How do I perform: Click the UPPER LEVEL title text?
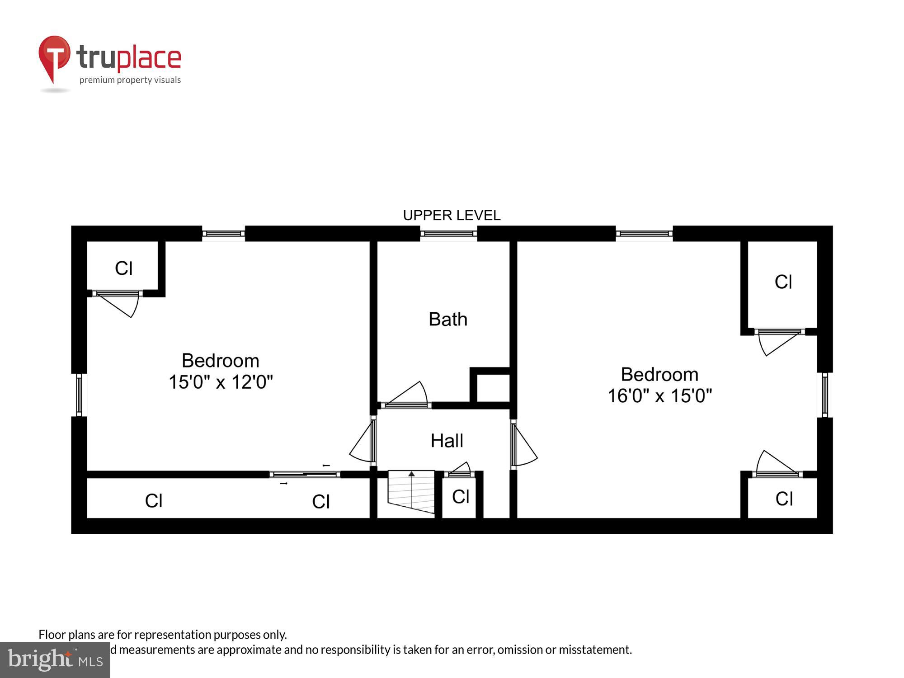tap(452, 215)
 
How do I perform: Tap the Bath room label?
tap(447, 319)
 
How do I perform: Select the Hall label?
tap(447, 441)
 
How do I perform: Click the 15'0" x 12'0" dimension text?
tap(221, 382)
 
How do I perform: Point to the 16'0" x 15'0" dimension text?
tap(659, 396)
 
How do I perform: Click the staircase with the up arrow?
tap(411, 492)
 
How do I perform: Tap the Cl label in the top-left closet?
tap(123, 268)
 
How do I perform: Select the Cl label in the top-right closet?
tap(783, 282)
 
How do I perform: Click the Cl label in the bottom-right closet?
tap(784, 499)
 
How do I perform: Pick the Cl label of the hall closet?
tap(460, 497)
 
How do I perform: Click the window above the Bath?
tap(448, 234)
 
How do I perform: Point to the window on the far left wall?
tap(79, 394)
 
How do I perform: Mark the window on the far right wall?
tap(824, 395)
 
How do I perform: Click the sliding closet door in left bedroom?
tap(305, 474)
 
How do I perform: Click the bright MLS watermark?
tap(55, 660)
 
